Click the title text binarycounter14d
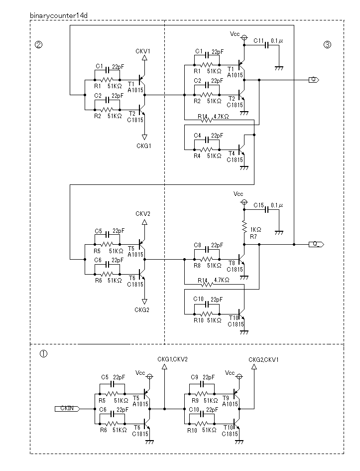[x=59, y=15]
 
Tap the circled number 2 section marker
[x=39, y=45]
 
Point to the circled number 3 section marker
[x=327, y=45]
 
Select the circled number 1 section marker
[x=43, y=354]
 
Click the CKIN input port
[x=67, y=409]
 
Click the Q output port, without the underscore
[x=314, y=80]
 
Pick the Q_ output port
[x=316, y=244]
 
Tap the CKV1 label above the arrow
[x=143, y=51]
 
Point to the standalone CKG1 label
[x=144, y=146]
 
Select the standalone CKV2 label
[x=143, y=214]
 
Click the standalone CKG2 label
[x=142, y=310]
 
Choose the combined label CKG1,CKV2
[x=172, y=359]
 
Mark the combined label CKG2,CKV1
[x=264, y=359]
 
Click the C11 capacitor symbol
[x=267, y=45]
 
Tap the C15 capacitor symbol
[x=267, y=210]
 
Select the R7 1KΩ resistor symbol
[x=244, y=227]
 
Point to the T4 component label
[x=232, y=154]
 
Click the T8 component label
[x=232, y=263]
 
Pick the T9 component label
[x=226, y=398]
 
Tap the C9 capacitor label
[x=194, y=377]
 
